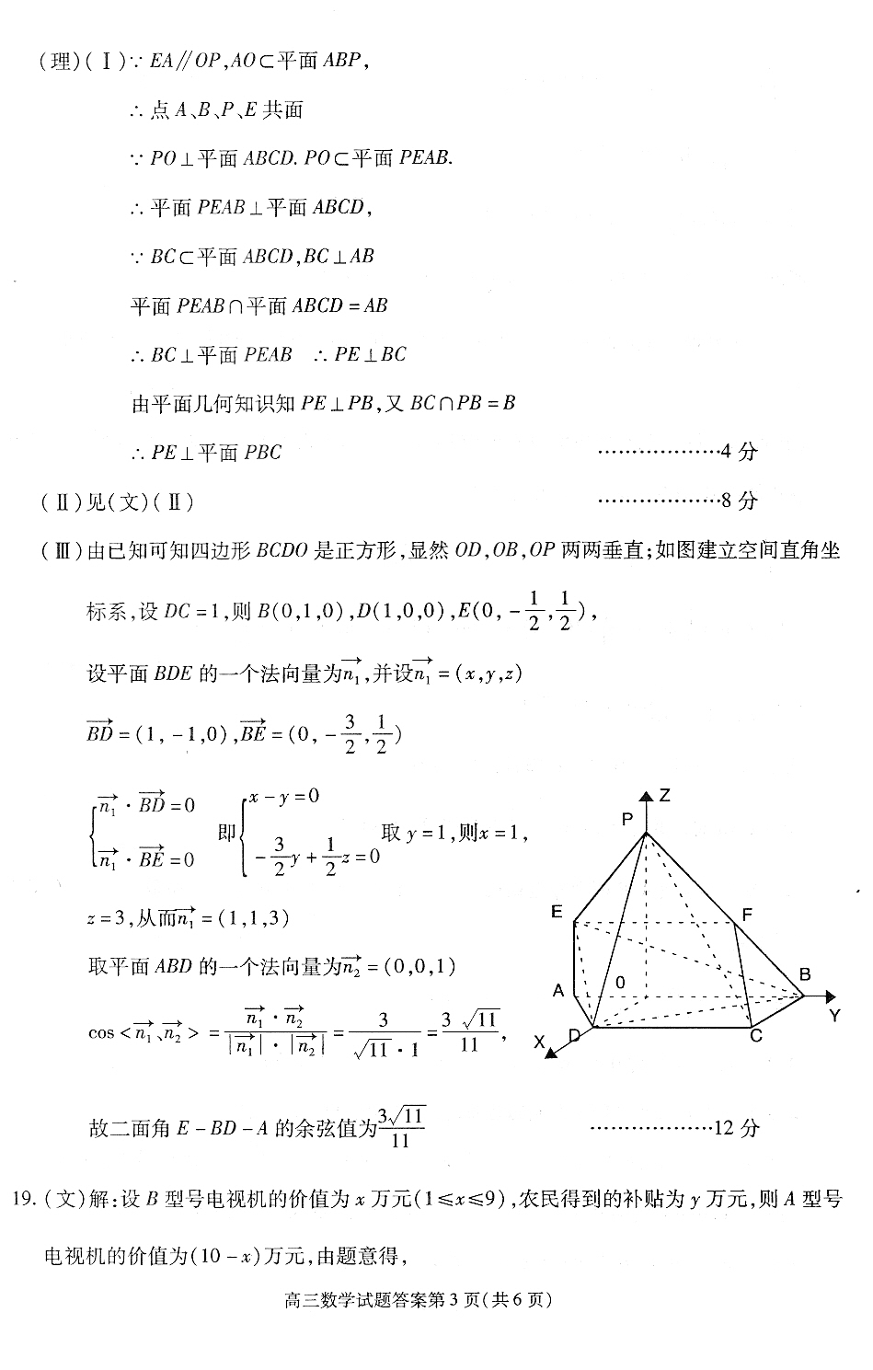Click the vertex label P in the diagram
[628, 818]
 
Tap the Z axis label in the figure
[664, 795]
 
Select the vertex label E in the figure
[557, 911]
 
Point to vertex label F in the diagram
[747, 915]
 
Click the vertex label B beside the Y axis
[804, 974]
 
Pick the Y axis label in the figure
[834, 1016]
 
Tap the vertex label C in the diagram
[755, 1036]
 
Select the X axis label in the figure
[540, 1042]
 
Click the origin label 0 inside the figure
[621, 983]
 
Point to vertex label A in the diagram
[558, 991]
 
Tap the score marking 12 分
[736, 1128]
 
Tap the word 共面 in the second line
[282, 110]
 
